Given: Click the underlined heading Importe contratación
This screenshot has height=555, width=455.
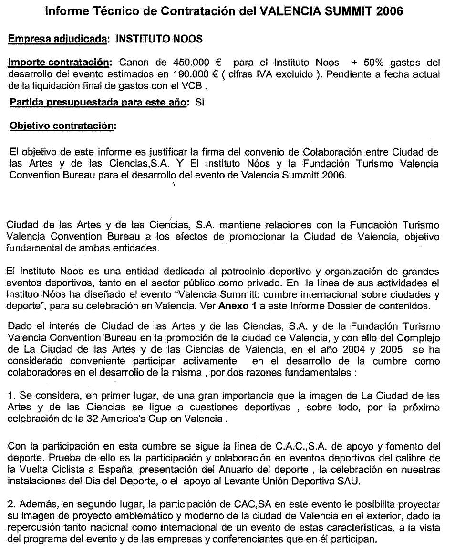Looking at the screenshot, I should (60, 63).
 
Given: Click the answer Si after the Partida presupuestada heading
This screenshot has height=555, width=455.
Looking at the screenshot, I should (199, 103).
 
